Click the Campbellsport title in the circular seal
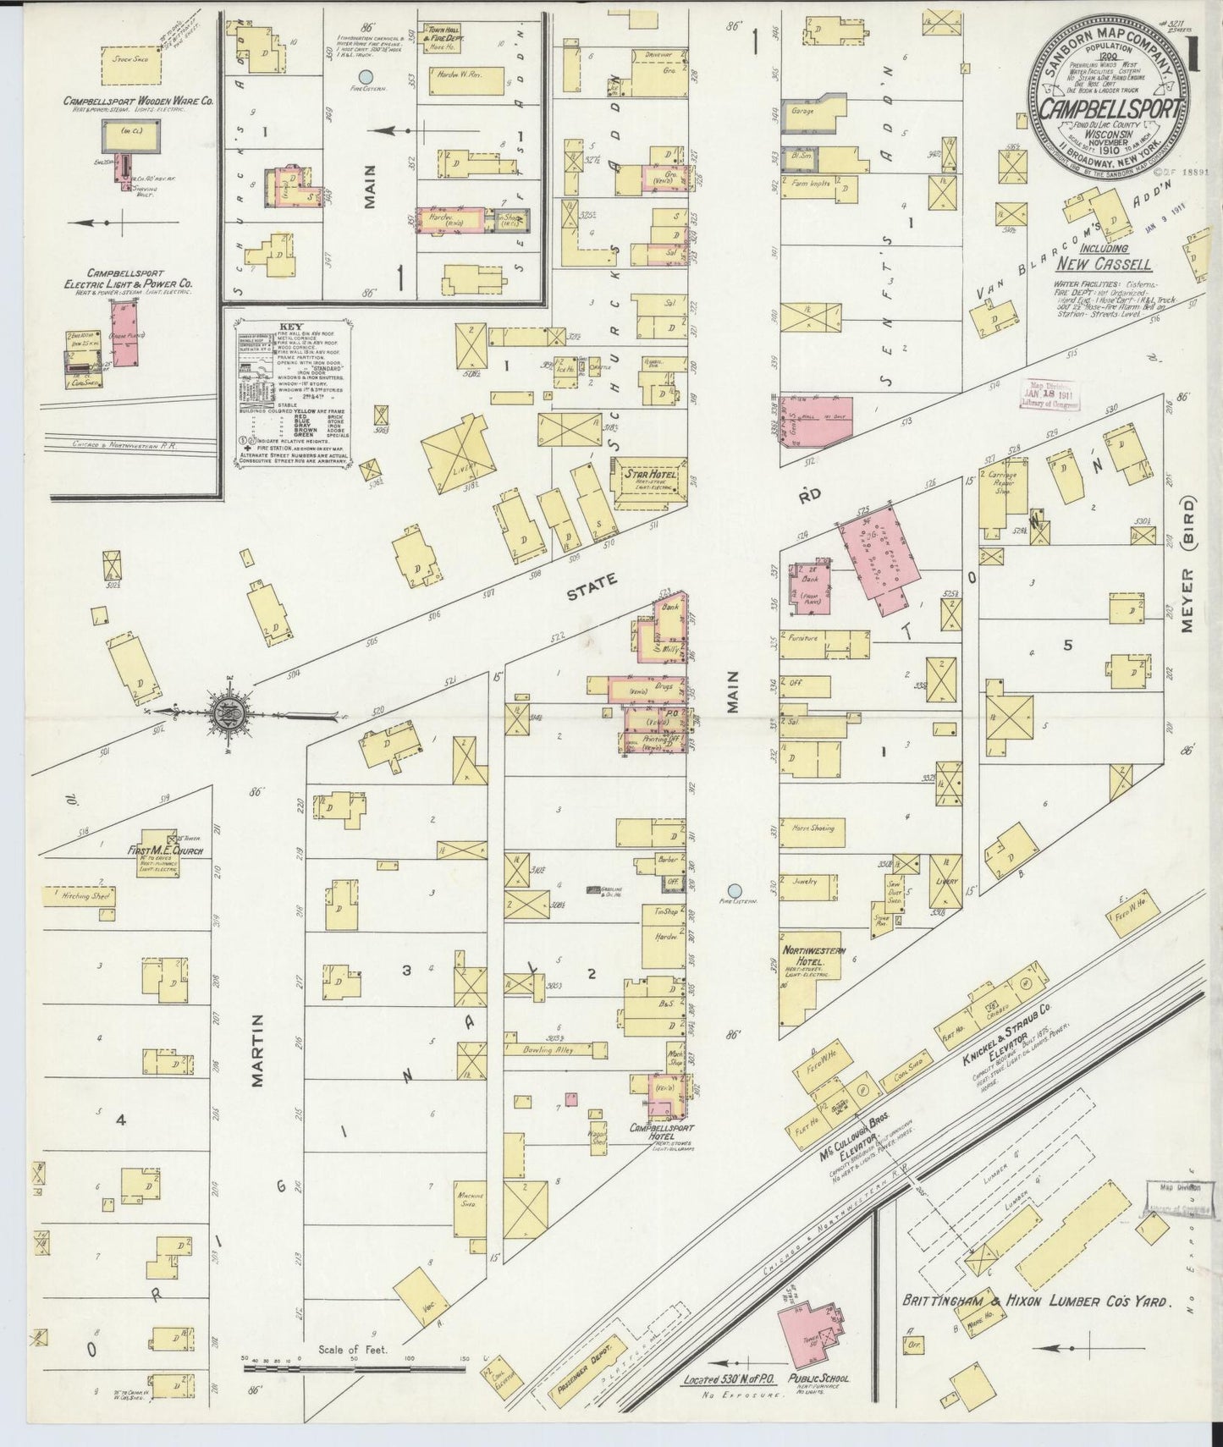click(1110, 109)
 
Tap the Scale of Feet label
click(353, 1350)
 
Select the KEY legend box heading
click(289, 326)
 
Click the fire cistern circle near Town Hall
click(365, 86)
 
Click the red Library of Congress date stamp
click(1046, 393)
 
